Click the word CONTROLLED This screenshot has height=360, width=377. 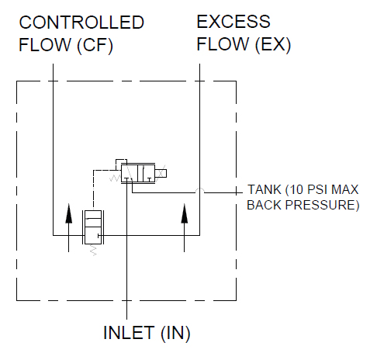[81, 22]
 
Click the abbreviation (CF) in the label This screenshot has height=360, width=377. [95, 45]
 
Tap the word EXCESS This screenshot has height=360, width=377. [233, 22]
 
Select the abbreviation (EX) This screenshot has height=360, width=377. [273, 44]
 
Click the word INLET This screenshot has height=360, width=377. [129, 333]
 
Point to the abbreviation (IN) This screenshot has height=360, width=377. [175, 333]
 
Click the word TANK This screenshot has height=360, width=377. [265, 189]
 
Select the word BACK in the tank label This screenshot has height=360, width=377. [264, 205]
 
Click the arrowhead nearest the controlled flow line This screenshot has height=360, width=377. [68, 213]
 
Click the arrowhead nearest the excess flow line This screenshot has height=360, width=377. [184, 213]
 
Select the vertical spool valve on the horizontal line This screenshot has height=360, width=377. [93, 227]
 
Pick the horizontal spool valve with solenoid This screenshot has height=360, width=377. [138, 173]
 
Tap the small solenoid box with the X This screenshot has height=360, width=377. [161, 173]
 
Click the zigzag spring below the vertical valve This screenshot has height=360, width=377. [93, 250]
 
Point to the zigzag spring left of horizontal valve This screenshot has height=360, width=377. [115, 178]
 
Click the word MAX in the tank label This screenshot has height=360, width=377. [345, 189]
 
